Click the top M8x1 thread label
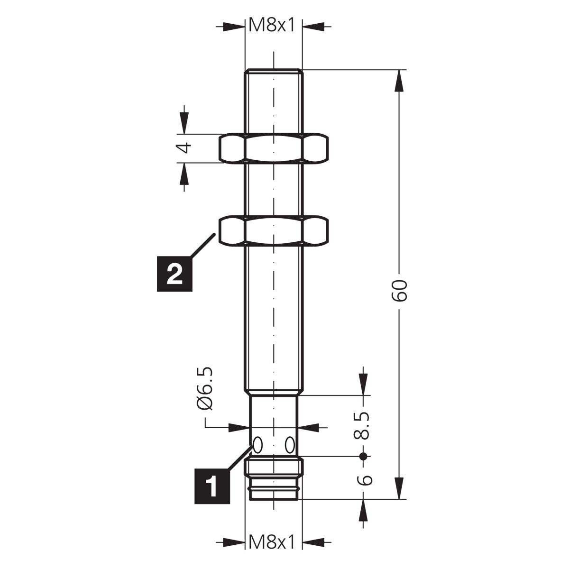coord(272,26)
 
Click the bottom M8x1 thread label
coord(272,542)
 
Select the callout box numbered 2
coord(174,273)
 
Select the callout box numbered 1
coord(212,486)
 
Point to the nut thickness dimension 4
coord(184,147)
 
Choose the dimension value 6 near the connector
coord(364,480)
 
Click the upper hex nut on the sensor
coord(274,148)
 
